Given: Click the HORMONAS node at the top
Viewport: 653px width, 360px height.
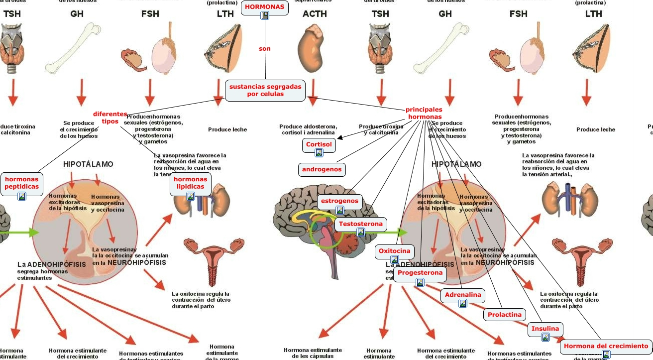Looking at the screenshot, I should tap(264, 6).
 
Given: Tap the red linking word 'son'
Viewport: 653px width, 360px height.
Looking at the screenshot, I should tap(264, 49).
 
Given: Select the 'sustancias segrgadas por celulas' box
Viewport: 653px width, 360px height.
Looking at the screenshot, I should tap(265, 90).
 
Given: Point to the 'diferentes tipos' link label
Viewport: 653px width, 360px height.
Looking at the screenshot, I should tap(110, 118).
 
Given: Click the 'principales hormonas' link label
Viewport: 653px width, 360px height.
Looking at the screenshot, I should tap(424, 113).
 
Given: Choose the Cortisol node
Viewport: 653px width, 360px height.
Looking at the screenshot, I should tap(319, 144).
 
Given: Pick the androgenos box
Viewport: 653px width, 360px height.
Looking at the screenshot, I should tap(322, 169).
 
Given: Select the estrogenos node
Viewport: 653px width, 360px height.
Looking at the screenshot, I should tap(339, 201).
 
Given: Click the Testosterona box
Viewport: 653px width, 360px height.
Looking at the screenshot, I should tap(361, 224).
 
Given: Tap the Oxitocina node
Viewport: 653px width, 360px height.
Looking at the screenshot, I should tap(394, 251).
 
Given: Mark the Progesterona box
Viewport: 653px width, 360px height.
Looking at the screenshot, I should tap(420, 273).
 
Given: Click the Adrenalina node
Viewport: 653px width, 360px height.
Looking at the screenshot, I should tap(463, 295).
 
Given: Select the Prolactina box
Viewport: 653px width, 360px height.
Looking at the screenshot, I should tap(505, 315).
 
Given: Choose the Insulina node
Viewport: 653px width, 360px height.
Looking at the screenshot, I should tap(545, 329).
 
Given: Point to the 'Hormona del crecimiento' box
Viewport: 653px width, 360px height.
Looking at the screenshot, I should tap(606, 346).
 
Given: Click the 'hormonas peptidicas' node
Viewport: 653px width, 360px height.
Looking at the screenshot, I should tap(21, 183).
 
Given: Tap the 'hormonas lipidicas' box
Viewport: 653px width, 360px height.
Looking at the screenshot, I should tap(190, 183).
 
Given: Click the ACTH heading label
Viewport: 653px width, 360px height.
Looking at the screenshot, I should tap(315, 14).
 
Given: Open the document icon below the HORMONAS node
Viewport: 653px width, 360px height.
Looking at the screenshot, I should tap(265, 15).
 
